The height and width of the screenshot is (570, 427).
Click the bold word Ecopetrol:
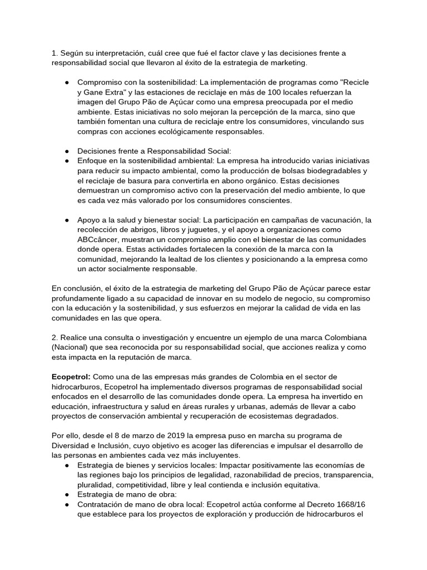tap(71, 377)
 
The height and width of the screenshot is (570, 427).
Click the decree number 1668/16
tap(350, 504)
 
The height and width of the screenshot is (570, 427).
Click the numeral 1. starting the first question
tap(54, 53)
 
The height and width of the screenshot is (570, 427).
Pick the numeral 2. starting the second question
tap(54, 338)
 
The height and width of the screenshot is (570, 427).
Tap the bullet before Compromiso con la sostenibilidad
tap(67, 82)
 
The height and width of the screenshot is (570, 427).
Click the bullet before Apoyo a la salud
tap(67, 220)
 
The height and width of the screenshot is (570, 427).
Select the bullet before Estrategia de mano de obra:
tap(67, 495)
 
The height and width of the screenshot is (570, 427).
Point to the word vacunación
tap(335, 220)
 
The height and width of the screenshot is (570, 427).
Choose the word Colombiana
tap(345, 338)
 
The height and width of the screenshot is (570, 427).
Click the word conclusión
tap(84, 288)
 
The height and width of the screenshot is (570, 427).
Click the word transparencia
tap(347, 475)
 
